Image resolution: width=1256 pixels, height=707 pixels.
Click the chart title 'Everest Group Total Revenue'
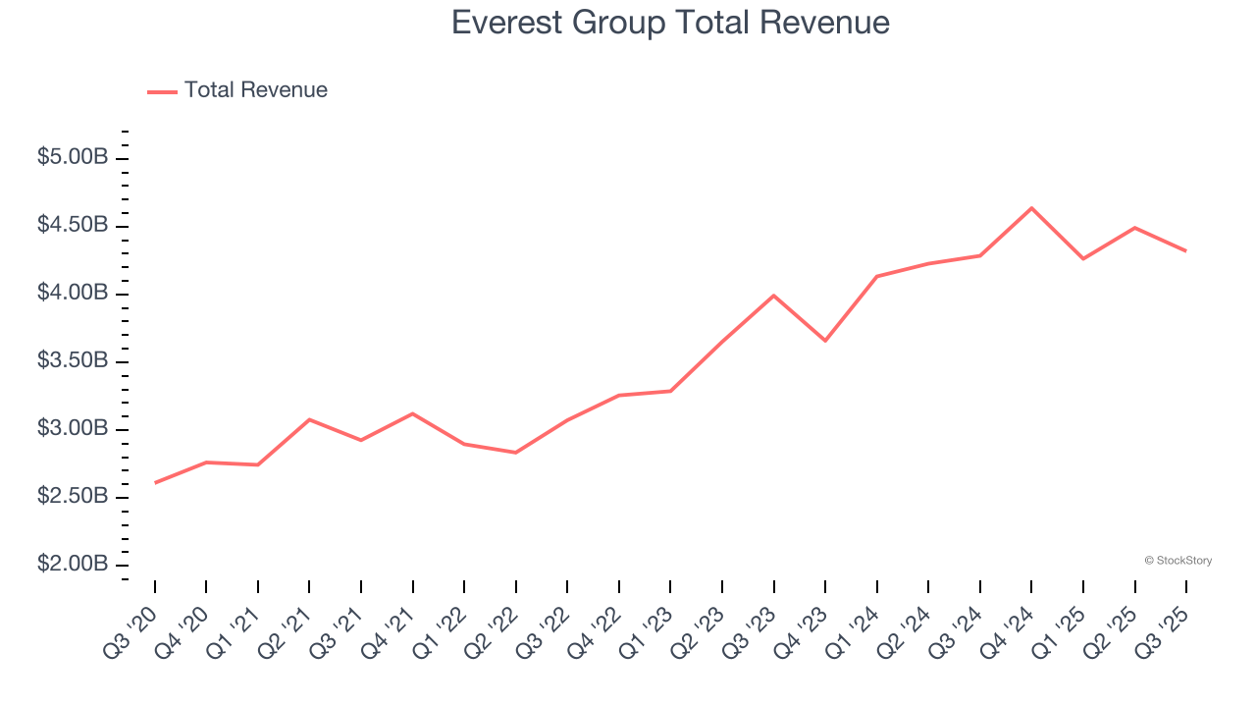pos(670,23)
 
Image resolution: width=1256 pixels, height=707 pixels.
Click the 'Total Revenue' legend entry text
pos(255,90)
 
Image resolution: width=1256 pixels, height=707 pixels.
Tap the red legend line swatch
pos(162,91)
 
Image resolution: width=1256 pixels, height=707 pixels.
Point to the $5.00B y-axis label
pos(73,157)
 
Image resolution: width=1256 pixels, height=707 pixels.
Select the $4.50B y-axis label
pos(73,225)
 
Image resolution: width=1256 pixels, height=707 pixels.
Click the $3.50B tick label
pos(73,360)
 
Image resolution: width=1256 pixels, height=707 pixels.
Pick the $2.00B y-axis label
pos(73,564)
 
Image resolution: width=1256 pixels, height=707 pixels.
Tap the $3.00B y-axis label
pos(73,428)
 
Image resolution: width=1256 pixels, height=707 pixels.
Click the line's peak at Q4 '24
pos(1031,208)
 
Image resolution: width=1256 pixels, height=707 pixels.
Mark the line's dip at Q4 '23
pos(825,341)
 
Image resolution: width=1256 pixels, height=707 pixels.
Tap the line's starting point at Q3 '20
pos(155,483)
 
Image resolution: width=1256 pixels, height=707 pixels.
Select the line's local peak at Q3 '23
pos(774,296)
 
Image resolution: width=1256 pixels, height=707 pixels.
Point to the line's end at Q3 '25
pos(1185,251)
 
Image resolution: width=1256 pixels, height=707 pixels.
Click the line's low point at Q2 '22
pos(516,453)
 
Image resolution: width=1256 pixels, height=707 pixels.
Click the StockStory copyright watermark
pos(1177,561)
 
